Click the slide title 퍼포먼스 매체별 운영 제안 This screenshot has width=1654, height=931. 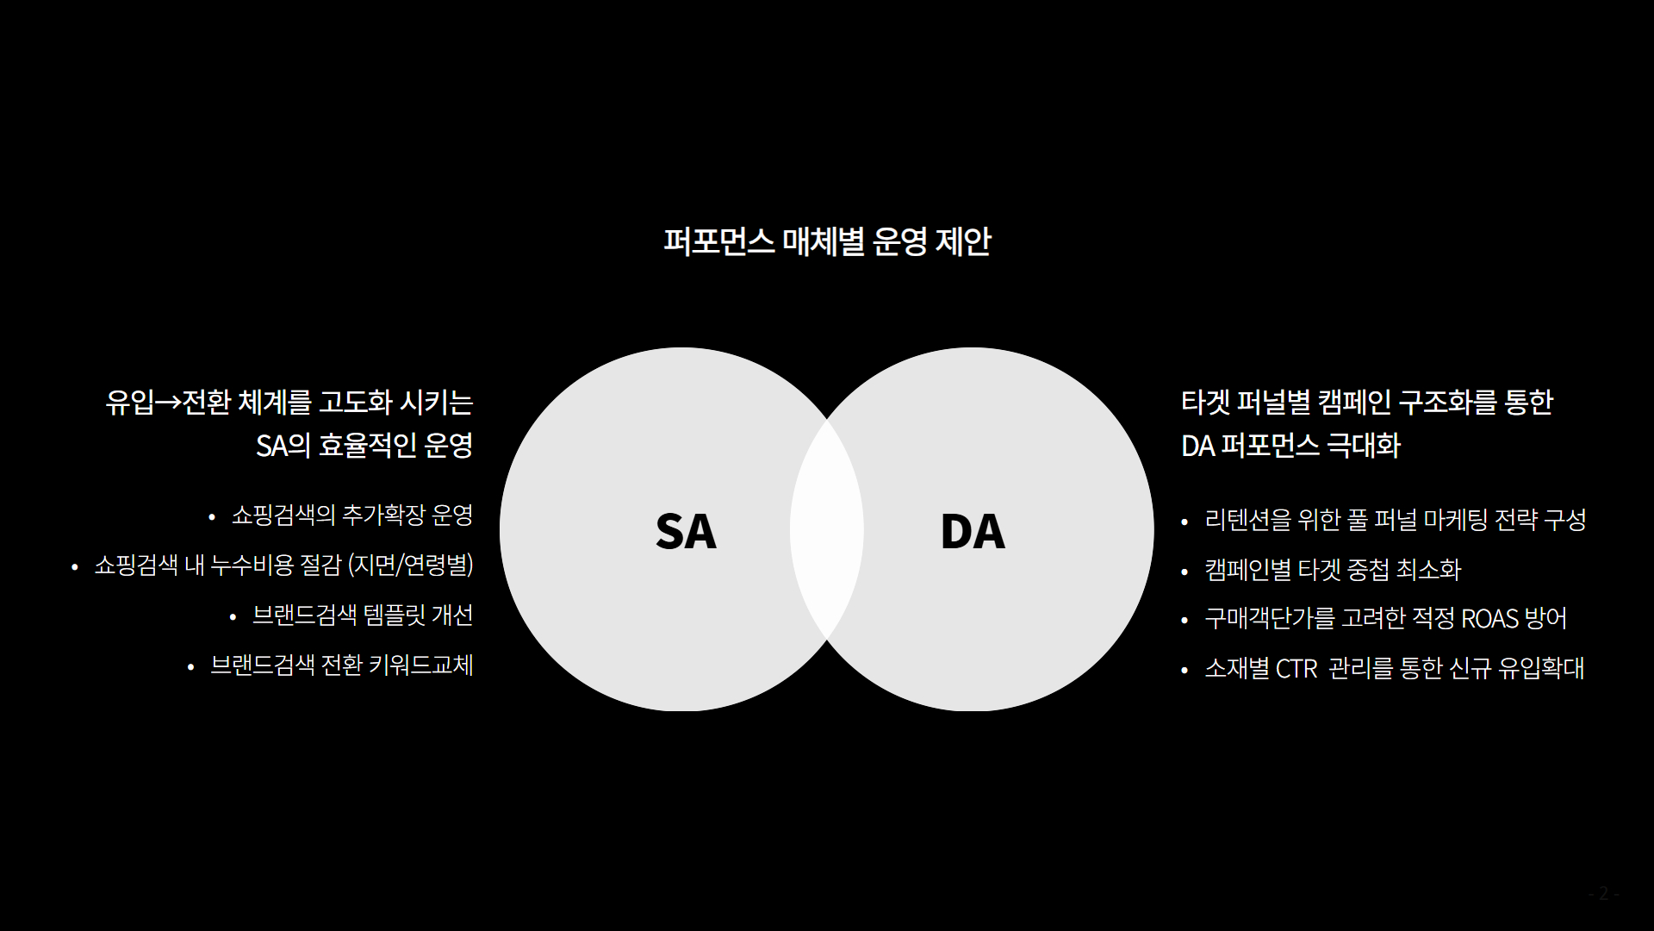(827, 241)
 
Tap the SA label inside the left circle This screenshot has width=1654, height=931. (686, 531)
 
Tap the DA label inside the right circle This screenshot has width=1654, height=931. (973, 531)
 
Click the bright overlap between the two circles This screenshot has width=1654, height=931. (827, 529)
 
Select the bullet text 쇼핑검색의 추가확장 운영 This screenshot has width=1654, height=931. (352, 515)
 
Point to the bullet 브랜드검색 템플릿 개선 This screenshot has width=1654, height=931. (363, 615)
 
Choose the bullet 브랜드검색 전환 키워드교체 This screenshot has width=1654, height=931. (342, 665)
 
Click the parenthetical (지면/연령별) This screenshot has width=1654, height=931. (411, 565)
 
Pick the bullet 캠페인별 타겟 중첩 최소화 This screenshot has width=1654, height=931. (1333, 570)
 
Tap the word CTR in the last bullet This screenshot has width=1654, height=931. (1296, 669)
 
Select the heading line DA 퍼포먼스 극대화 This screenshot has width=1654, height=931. (1290, 446)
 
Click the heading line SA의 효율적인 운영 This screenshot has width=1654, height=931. (364, 446)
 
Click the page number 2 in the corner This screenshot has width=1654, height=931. (1603, 893)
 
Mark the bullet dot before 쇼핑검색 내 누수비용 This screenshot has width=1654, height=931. (75, 567)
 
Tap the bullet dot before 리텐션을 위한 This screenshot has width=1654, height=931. (1185, 522)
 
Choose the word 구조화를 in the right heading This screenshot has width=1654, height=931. (1447, 403)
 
